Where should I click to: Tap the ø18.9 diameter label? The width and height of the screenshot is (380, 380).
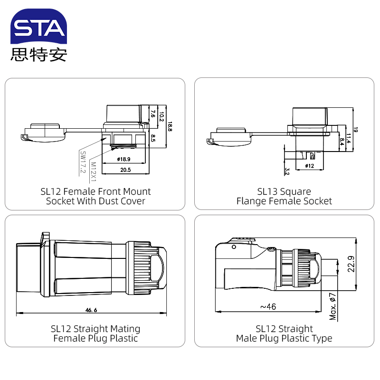click(x=123, y=160)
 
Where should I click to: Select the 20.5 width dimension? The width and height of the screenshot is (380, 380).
click(x=125, y=170)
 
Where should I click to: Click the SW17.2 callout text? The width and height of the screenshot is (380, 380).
click(x=83, y=161)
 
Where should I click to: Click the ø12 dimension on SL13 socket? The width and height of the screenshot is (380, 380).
click(x=309, y=166)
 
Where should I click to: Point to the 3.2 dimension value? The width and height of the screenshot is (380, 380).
click(x=287, y=171)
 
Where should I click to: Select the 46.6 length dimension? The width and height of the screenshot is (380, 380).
click(x=91, y=310)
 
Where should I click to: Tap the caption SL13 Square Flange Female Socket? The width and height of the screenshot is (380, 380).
click(x=284, y=196)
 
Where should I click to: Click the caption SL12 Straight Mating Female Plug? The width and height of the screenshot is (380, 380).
click(x=95, y=333)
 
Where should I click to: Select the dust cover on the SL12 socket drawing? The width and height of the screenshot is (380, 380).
click(x=44, y=133)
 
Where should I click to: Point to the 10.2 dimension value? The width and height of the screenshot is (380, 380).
click(x=161, y=116)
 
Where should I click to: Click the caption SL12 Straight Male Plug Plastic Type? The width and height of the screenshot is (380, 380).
click(x=284, y=333)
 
